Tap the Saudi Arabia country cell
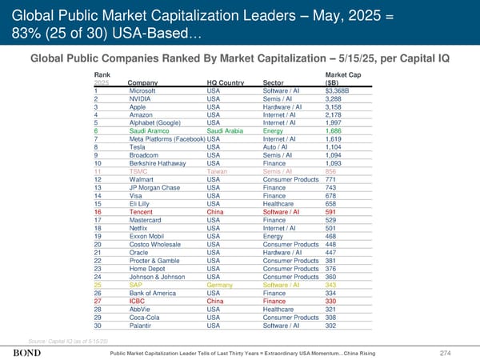[228, 130]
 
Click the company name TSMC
[137, 171]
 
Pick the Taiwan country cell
[217, 171]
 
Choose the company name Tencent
[141, 212]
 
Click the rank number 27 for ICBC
[98, 301]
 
